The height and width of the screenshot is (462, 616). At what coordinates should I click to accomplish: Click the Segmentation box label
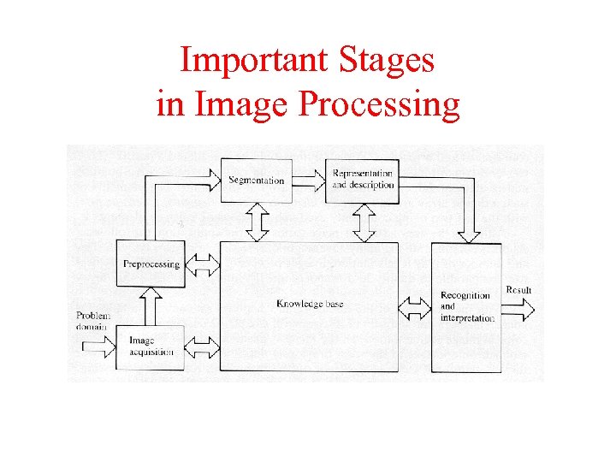[257, 181]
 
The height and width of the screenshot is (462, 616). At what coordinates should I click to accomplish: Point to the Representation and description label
[363, 180]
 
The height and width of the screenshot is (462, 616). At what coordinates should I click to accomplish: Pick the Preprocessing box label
[151, 264]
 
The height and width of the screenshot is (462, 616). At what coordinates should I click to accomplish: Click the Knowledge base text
[310, 305]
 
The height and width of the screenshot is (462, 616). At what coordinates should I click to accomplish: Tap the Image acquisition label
[151, 346]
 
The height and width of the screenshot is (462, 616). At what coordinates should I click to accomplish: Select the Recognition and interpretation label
[467, 307]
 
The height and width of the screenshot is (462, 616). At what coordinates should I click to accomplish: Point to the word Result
[518, 290]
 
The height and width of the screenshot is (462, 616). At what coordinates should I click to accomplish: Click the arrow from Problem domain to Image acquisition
[98, 346]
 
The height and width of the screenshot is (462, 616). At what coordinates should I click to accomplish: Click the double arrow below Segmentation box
[257, 222]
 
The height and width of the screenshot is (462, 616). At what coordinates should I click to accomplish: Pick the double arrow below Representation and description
[363, 223]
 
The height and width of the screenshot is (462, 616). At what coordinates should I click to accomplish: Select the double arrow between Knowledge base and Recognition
[416, 306]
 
